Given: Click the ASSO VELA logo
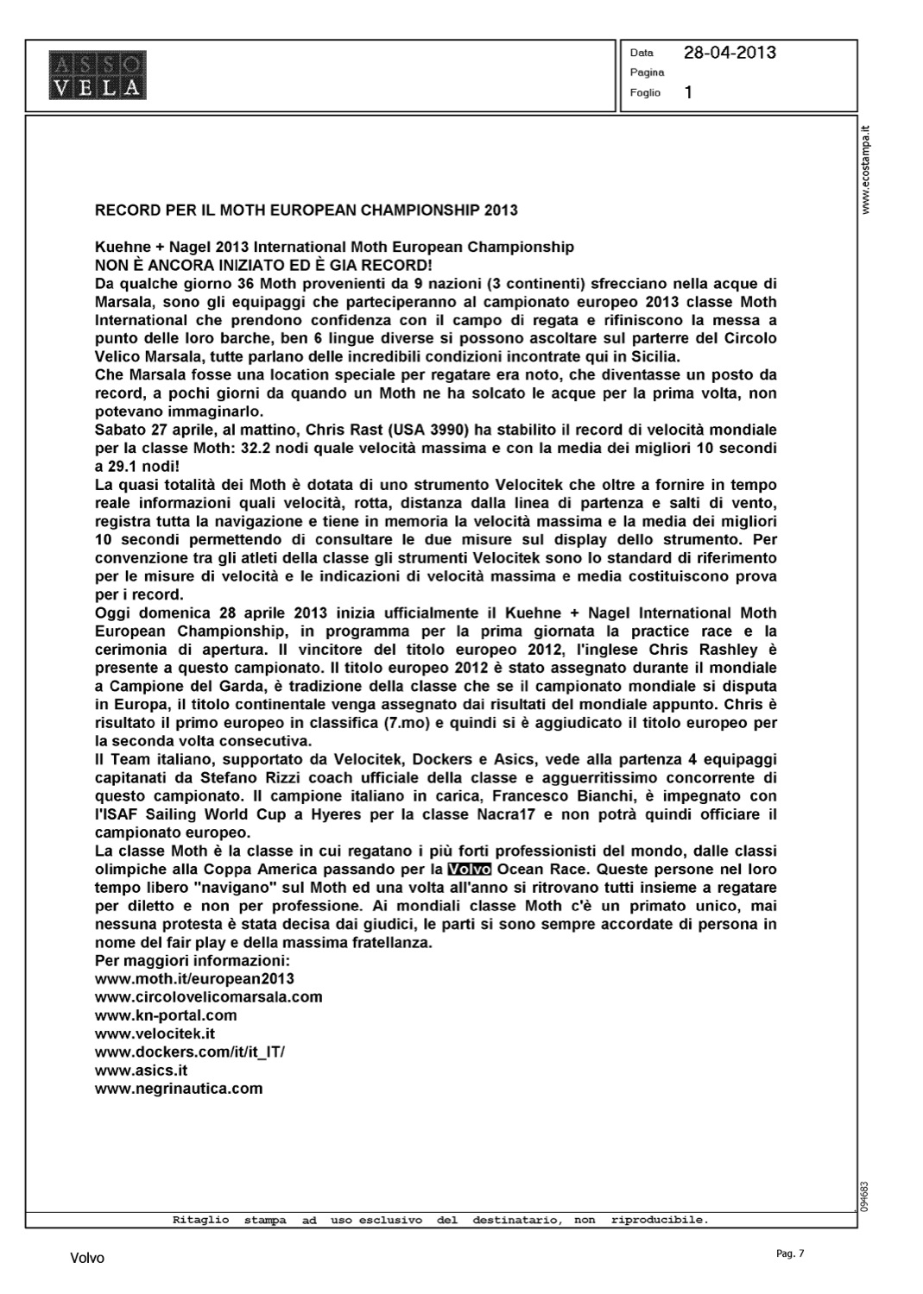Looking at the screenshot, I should tap(97, 75).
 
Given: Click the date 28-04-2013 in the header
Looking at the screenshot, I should tap(730, 53).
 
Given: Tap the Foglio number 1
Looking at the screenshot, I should tap(688, 92).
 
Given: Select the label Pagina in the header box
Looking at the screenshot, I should tap(647, 72).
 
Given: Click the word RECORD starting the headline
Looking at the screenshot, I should tap(126, 210).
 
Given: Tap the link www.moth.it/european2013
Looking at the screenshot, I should tap(194, 978).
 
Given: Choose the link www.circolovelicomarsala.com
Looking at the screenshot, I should tap(208, 996).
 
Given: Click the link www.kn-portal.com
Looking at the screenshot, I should tap(165, 1015).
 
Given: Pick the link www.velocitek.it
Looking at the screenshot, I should tap(155, 1033).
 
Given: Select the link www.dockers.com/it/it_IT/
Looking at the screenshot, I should tap(189, 1052).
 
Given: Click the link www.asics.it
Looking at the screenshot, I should tap(141, 1070).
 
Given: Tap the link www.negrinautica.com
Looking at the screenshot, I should tap(178, 1088).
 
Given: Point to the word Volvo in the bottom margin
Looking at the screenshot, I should tap(87, 1259).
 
